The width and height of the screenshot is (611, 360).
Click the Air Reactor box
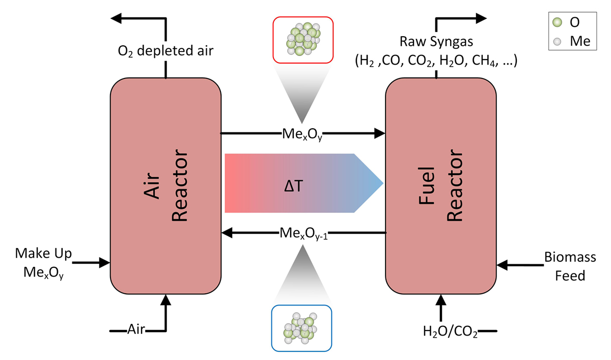click(x=165, y=186)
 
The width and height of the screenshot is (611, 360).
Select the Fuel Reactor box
click(x=441, y=186)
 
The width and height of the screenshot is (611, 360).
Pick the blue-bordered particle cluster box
click(x=302, y=328)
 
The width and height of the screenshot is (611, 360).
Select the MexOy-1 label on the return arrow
click(x=303, y=233)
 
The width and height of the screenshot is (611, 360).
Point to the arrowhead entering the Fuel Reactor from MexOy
click(x=379, y=133)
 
